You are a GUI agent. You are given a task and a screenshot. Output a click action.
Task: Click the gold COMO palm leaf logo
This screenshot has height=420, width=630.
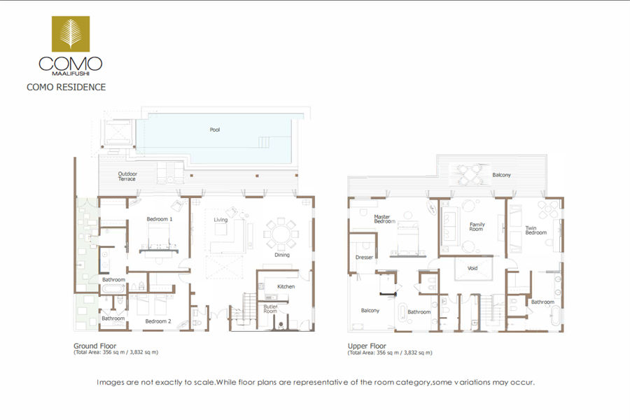[71, 34]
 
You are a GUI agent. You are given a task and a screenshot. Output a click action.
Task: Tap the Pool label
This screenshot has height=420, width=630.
[215, 129]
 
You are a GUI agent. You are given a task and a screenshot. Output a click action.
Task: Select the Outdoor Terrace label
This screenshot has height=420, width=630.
[127, 176]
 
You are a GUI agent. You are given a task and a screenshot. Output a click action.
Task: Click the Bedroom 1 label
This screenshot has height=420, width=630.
[160, 219]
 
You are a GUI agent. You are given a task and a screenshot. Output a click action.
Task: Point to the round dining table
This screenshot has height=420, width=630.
[281, 234]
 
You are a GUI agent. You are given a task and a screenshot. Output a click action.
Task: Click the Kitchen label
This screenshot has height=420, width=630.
[286, 286]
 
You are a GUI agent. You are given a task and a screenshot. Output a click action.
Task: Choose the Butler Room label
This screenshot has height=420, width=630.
[270, 309]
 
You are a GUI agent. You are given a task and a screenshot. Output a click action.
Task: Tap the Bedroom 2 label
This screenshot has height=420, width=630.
[158, 321]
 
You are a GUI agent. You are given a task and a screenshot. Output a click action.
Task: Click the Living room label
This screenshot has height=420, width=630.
[220, 219]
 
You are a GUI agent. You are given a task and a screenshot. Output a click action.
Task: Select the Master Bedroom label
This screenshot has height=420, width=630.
[384, 219]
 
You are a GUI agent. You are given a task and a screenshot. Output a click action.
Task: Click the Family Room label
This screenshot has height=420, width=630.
[477, 227]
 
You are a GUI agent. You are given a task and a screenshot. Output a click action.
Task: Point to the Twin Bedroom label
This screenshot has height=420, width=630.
[536, 230]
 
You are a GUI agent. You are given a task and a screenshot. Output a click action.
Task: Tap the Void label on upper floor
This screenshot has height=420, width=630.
[472, 268]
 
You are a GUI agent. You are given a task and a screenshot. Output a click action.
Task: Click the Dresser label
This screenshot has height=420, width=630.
[365, 257]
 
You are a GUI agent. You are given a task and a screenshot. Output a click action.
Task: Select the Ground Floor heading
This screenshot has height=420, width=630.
[94, 346]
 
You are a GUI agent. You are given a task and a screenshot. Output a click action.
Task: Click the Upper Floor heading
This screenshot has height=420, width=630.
[367, 346]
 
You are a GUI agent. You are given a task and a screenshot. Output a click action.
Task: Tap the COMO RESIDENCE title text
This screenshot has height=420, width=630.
[66, 87]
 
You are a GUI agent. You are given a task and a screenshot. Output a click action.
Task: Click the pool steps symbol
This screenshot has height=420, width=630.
[264, 142]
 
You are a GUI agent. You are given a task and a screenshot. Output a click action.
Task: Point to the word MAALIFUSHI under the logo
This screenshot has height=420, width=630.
[71, 73]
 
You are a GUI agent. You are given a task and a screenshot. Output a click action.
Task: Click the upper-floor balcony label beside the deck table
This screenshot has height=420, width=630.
[501, 175]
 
